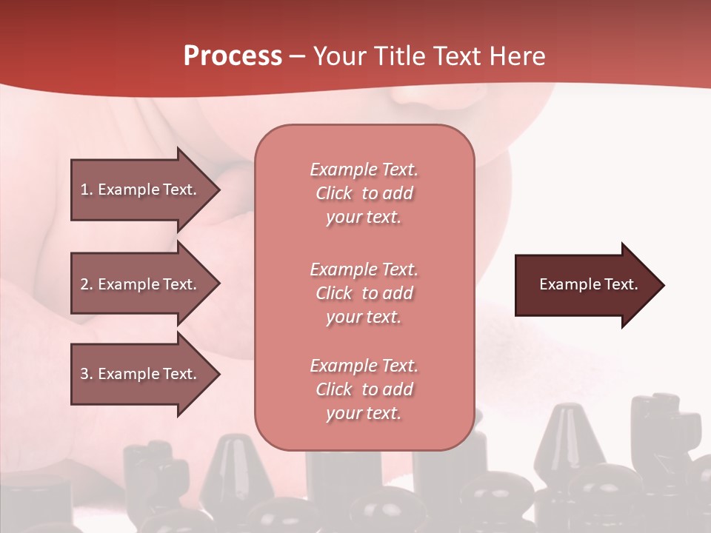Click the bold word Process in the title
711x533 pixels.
pyautogui.click(x=233, y=56)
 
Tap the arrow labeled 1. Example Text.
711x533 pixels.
pyautogui.click(x=141, y=190)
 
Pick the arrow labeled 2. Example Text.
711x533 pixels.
pyautogui.click(x=141, y=284)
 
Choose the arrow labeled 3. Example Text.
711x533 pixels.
pyautogui.click(x=141, y=374)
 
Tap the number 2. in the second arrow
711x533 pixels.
pyautogui.click(x=86, y=284)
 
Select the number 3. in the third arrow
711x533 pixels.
pyautogui.click(x=86, y=374)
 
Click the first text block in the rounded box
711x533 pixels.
pyautogui.click(x=364, y=193)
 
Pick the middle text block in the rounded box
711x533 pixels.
pyautogui.click(x=364, y=293)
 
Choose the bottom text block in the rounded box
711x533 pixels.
pyautogui.click(x=364, y=389)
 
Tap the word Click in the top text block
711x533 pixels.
pyautogui.click(x=333, y=193)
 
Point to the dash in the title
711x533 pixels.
pyautogui.click(x=297, y=57)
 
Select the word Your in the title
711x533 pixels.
pyautogui.click(x=337, y=56)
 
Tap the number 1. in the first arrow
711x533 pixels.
pyautogui.click(x=86, y=190)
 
